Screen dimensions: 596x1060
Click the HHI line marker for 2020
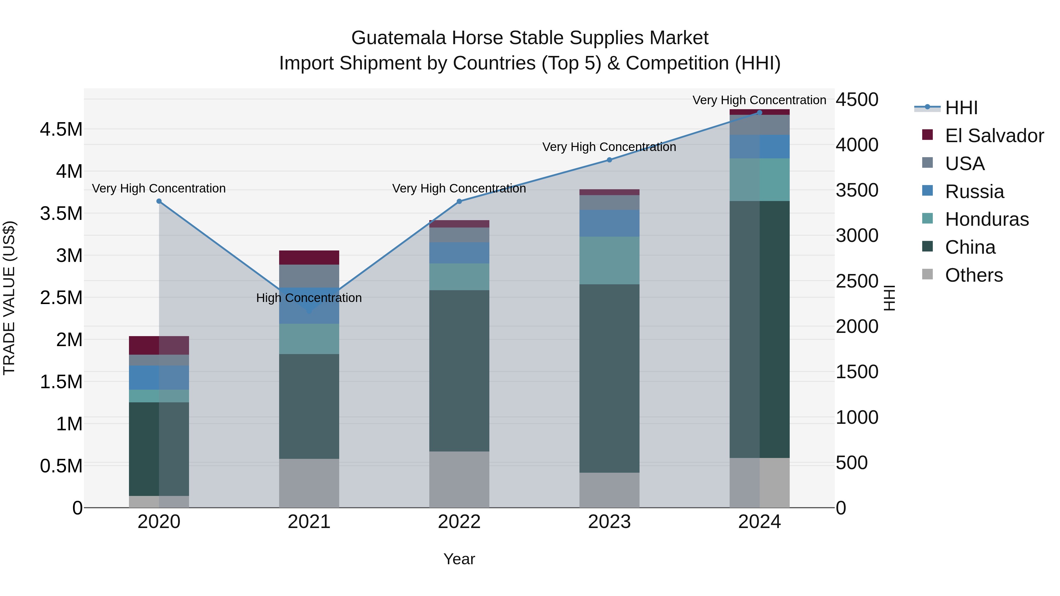pyautogui.click(x=159, y=201)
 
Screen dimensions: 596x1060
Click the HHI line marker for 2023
pyautogui.click(x=609, y=160)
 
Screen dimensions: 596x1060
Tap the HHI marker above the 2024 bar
pyautogui.click(x=760, y=113)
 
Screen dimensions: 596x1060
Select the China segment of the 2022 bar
pyautogui.click(x=459, y=370)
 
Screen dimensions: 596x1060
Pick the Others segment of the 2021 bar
pyautogui.click(x=309, y=483)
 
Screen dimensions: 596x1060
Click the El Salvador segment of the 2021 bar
pyautogui.click(x=309, y=258)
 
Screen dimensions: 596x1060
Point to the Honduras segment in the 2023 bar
pyautogui.click(x=609, y=260)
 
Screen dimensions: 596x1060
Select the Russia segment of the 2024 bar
pyautogui.click(x=760, y=147)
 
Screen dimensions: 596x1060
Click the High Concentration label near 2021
pyautogui.click(x=309, y=298)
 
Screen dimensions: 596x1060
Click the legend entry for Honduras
pyautogui.click(x=986, y=219)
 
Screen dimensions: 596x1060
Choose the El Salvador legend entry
pyautogui.click(x=994, y=136)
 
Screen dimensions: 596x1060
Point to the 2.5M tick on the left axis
pyautogui.click(x=61, y=298)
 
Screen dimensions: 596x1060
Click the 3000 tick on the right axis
pyautogui.click(x=857, y=236)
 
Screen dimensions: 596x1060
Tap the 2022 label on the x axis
pyautogui.click(x=459, y=522)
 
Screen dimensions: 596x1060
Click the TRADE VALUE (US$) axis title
pyautogui.click(x=9, y=298)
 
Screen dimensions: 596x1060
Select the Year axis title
pyautogui.click(x=459, y=559)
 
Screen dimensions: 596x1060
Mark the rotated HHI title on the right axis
pyautogui.click(x=889, y=298)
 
